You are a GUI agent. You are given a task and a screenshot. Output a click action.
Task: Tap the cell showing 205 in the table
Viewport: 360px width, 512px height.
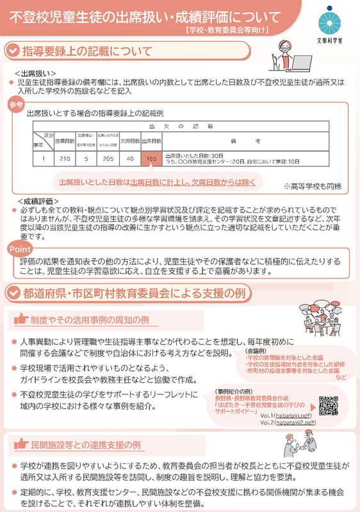[108, 159]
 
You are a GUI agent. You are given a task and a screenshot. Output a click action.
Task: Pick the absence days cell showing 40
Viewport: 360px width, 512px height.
[130, 159]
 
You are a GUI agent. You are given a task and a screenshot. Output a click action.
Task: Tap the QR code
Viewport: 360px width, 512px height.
[328, 405]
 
